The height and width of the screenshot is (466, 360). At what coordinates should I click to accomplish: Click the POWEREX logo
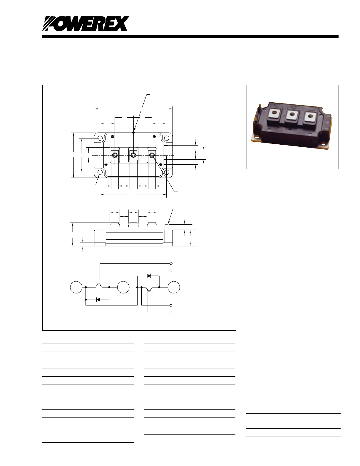tap(86, 24)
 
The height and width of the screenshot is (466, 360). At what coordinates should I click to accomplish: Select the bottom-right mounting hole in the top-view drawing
tap(167, 172)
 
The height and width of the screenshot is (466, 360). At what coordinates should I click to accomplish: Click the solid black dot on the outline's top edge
tap(133, 133)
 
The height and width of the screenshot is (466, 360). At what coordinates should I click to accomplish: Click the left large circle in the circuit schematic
tap(76, 287)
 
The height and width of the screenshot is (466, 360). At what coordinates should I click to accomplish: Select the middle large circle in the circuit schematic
tap(123, 287)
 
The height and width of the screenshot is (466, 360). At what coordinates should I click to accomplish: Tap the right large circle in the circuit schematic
tap(174, 287)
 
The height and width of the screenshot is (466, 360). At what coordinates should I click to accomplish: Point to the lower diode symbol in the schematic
tap(98, 299)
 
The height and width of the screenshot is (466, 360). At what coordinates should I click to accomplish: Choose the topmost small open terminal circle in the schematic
tap(171, 263)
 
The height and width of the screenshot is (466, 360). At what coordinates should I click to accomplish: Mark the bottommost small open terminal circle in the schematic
tap(171, 312)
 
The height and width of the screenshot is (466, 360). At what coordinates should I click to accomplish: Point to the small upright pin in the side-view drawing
tap(167, 227)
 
